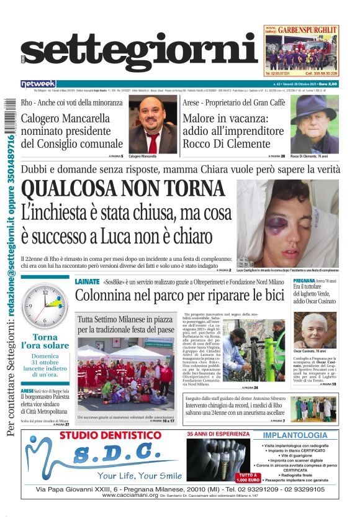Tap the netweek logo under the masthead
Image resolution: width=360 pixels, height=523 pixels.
pyautogui.click(x=38, y=83)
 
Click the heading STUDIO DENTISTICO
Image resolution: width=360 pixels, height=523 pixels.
pyautogui.click(x=110, y=435)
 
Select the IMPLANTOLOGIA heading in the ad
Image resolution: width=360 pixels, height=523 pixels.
pyautogui.click(x=295, y=436)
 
